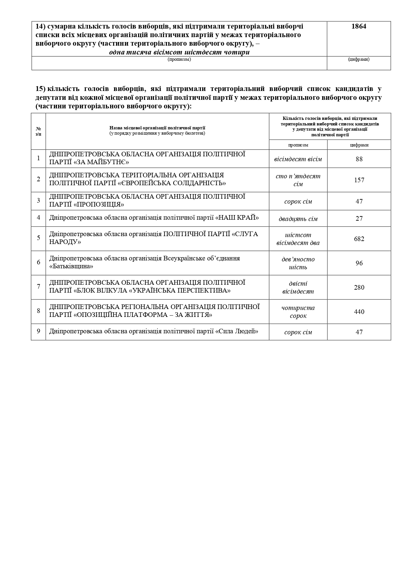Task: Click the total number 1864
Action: pyautogui.click(x=358, y=27)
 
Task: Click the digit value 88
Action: pyautogui.click(x=359, y=159)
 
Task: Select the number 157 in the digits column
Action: pyautogui.click(x=359, y=180)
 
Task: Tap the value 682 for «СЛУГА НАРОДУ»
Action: pyautogui.click(x=359, y=239)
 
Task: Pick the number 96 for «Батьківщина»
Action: pyautogui.click(x=359, y=263)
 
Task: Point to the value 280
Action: pyautogui.click(x=359, y=288)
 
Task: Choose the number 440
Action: pyautogui.click(x=359, y=312)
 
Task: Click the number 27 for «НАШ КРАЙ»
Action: pyautogui.click(x=359, y=219)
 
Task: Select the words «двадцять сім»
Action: pyautogui.click(x=298, y=219)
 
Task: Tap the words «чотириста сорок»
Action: pyautogui.click(x=298, y=312)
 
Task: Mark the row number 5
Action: pyautogui.click(x=38, y=238)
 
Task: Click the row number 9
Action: pyautogui.click(x=38, y=331)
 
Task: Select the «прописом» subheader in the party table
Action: pyautogui.click(x=298, y=145)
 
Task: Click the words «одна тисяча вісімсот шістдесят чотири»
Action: pyautogui.click(x=179, y=52)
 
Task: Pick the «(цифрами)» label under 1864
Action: pyautogui.click(x=358, y=59)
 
